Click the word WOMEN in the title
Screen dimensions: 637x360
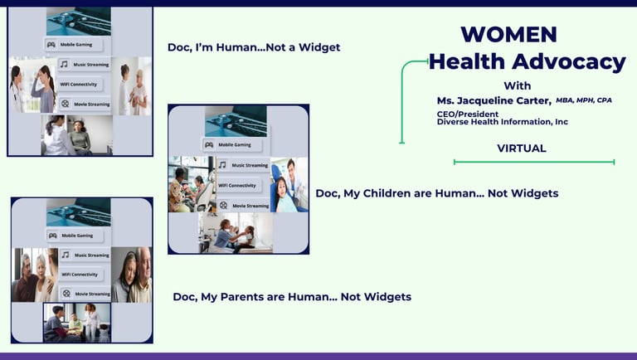coord(508,35)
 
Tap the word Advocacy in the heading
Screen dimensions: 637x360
coord(569,62)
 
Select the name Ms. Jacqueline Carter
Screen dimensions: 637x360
coord(494,100)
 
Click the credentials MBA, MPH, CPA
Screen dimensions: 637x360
coord(584,100)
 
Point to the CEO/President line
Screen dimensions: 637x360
coord(468,114)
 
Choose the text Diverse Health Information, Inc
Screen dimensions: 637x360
coord(503,122)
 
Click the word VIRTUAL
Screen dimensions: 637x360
coord(522,148)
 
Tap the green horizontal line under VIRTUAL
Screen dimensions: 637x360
coord(534,162)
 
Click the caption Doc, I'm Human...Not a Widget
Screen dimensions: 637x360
coord(254,47)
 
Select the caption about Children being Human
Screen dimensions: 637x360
coord(437,193)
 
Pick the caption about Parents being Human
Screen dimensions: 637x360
coord(292,297)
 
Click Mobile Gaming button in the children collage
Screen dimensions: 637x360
coord(232,144)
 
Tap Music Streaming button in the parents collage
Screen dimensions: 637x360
coord(85,255)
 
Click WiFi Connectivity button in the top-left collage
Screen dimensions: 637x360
coord(79,85)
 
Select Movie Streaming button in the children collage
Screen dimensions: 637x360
coord(244,206)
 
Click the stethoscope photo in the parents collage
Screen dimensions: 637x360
coord(79,212)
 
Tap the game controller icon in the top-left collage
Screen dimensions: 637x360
coord(51,45)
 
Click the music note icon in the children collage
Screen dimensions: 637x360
coord(222,165)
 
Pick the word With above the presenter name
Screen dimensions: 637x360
coord(518,85)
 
